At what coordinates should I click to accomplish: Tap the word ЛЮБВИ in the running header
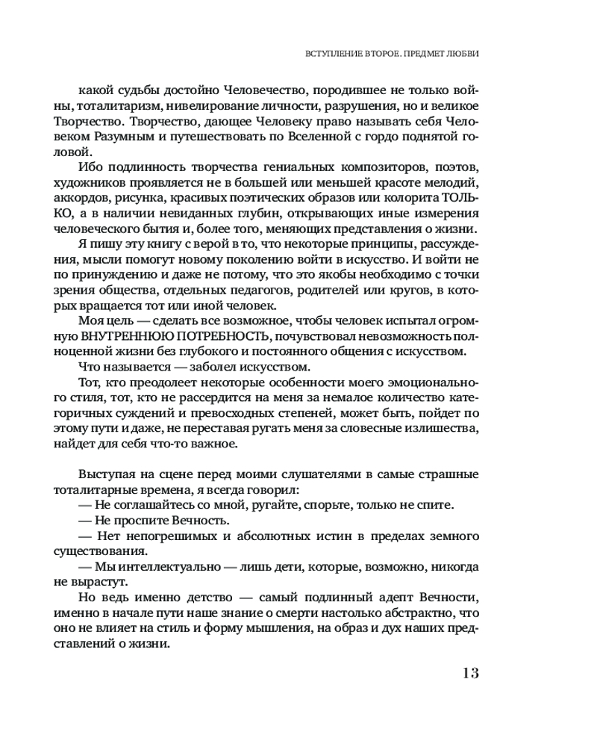[x=463, y=55]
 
